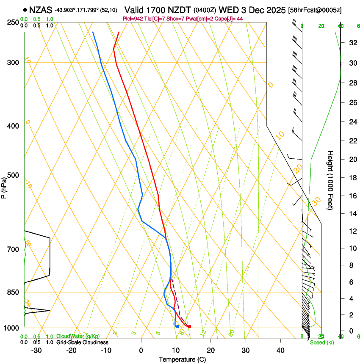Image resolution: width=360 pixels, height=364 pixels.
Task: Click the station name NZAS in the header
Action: pyautogui.click(x=41, y=9)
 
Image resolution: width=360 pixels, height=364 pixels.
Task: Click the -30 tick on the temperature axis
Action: pyautogui.click(x=36, y=350)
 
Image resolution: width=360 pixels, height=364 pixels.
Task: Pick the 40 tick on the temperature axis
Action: pyautogui.click(x=280, y=350)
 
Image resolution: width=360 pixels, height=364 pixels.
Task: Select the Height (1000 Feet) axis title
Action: pyautogui.click(x=331, y=180)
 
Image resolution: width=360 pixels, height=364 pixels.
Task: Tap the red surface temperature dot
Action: pyautogui.click(x=189, y=326)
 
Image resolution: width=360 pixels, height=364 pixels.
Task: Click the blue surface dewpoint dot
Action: pyautogui.click(x=177, y=326)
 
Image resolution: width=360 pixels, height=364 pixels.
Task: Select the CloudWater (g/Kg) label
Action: pyautogui.click(x=78, y=336)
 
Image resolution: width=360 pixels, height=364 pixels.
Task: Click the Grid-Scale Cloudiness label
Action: pyautogui.click(x=82, y=342)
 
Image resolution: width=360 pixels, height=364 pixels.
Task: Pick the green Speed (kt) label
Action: pyautogui.click(x=321, y=342)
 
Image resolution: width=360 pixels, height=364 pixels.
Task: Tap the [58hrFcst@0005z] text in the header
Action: pyautogui.click(x=315, y=9)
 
